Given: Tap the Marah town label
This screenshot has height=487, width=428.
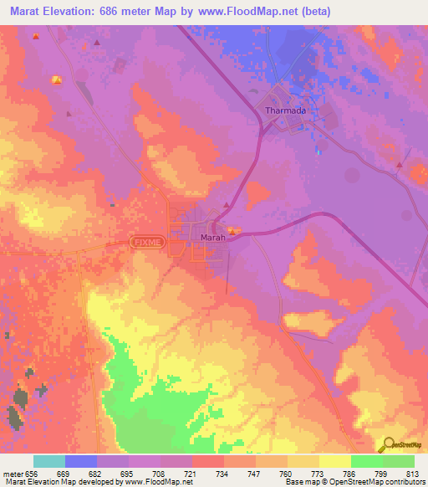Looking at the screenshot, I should [212, 238].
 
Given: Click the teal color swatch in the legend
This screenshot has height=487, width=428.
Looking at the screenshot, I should [49, 461].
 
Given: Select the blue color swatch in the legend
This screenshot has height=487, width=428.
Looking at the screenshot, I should [81, 461].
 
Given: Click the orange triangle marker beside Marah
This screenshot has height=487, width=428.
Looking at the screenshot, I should [227, 205].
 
